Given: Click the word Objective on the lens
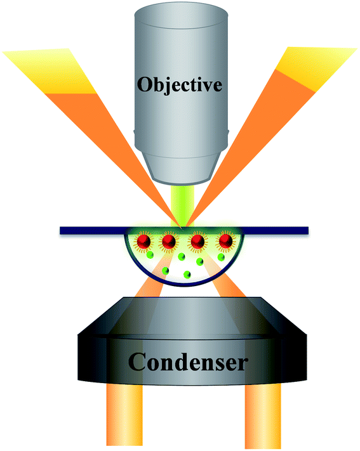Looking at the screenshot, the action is (x=180, y=85).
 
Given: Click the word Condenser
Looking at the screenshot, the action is (x=188, y=362).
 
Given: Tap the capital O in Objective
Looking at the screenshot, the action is (x=145, y=84).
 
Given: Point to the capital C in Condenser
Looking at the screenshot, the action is (x=137, y=362).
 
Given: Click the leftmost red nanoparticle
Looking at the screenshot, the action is (x=143, y=241).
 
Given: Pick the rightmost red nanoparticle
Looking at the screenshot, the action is (x=225, y=241).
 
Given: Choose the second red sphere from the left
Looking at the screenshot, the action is (x=169, y=241).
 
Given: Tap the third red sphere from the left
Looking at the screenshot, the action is (x=197, y=241).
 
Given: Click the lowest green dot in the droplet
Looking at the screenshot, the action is (x=187, y=275).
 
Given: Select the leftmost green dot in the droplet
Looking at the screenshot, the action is (x=150, y=255).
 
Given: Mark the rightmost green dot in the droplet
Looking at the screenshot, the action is (x=221, y=256).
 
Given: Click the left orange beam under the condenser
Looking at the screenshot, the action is (x=124, y=415).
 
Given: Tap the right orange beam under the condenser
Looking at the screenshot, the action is (x=263, y=415).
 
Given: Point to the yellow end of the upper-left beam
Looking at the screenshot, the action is (x=50, y=70).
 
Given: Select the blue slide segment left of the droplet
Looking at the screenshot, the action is (x=92, y=230).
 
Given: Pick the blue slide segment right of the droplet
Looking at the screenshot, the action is (x=276, y=230).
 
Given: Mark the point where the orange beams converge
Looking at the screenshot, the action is (x=183, y=228).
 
